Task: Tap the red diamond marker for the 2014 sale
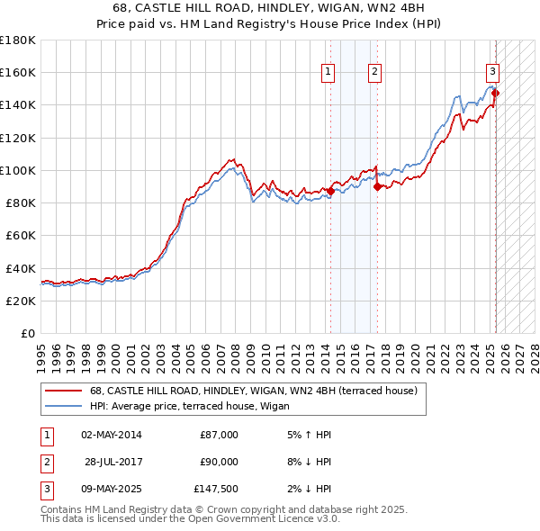[330, 191]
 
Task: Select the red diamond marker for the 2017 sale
[377, 186]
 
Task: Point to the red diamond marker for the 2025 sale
[496, 93]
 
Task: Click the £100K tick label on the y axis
[17, 170]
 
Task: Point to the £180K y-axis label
[17, 40]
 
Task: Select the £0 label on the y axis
[27, 333]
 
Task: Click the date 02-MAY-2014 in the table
[111, 435]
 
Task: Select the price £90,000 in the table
[219, 462]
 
